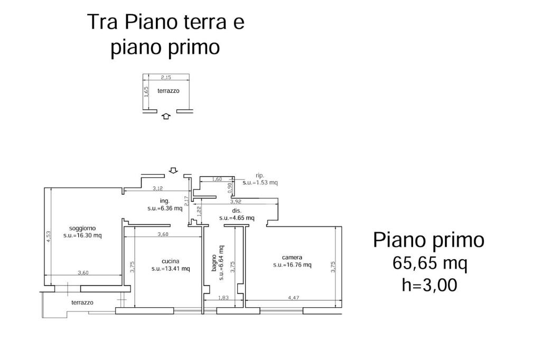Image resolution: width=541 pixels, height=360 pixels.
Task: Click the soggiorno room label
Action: [x=82, y=228]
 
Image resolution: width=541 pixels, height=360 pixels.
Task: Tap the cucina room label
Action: [x=171, y=261]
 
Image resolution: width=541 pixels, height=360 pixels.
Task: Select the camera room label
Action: [x=292, y=257]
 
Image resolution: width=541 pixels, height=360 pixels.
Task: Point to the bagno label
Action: [x=214, y=263]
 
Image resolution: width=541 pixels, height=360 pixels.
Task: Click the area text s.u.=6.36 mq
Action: [x=165, y=209]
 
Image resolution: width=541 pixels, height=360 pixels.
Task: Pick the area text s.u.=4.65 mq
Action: [x=237, y=218]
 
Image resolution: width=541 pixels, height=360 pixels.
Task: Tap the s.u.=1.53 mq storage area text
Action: [x=260, y=183]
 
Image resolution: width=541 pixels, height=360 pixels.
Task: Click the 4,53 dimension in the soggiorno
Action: [x=49, y=236]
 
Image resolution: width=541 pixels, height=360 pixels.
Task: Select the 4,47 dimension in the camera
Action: [x=294, y=298]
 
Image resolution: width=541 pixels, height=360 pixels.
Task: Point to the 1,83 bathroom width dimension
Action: [x=223, y=298]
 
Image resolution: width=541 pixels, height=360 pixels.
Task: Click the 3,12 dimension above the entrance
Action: [x=157, y=188]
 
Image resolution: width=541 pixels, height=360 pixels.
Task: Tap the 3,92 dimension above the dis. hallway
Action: [x=236, y=202]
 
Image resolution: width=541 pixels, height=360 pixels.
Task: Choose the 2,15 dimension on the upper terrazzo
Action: [x=166, y=78]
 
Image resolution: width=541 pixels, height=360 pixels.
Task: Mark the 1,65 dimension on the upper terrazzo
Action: [x=146, y=92]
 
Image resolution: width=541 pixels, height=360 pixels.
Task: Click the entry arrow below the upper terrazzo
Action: [x=166, y=116]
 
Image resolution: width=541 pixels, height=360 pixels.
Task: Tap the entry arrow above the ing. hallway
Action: [x=173, y=170]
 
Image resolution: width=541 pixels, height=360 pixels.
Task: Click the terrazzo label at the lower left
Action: [x=82, y=303]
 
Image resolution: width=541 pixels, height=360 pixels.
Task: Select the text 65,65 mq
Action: [x=430, y=264]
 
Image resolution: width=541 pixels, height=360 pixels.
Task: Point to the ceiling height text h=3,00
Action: [x=430, y=285]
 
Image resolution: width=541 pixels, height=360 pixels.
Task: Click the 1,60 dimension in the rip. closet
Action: [x=217, y=179]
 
